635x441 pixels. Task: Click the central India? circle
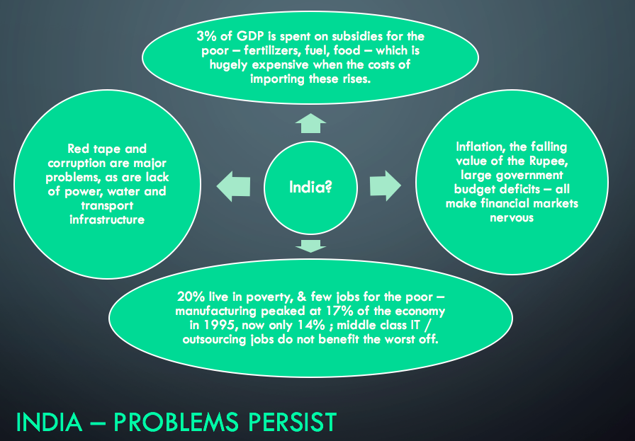[310, 188]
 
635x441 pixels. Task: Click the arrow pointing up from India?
[310, 125]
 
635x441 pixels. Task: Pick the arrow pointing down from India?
[310, 246]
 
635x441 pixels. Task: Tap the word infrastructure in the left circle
[107, 219]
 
